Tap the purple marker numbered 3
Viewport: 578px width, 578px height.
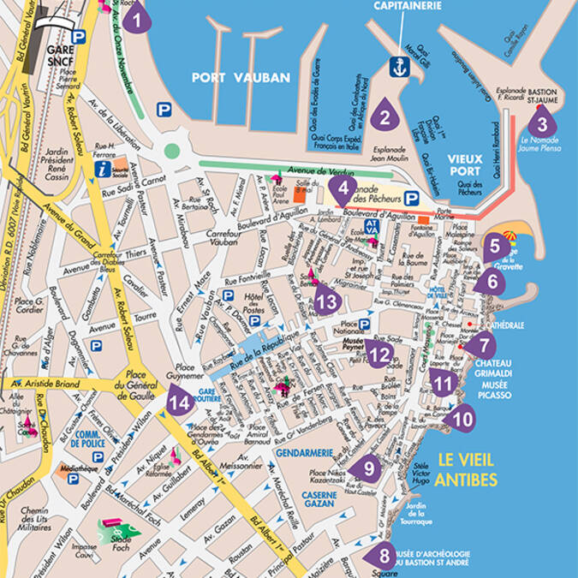542,122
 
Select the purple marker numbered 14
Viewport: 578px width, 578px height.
179,400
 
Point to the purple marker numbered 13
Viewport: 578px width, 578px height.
327,301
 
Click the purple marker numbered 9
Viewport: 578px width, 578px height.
366,468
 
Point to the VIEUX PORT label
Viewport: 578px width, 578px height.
465,164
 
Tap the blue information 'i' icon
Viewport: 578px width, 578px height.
104,169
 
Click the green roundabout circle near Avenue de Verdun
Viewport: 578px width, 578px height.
172,151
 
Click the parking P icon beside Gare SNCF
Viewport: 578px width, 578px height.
79,36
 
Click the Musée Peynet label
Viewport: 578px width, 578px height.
354,343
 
